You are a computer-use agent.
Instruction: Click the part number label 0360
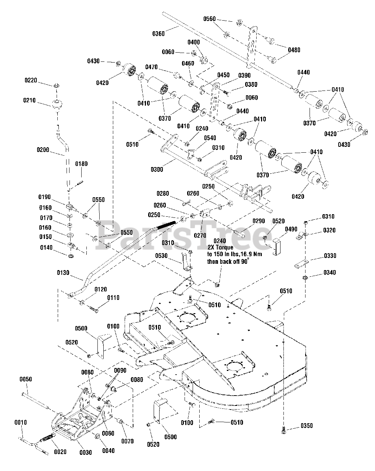point(158,34)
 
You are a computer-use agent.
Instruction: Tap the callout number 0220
point(31,80)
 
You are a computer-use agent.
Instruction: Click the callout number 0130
point(63,273)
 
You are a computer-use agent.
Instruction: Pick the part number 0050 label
point(26,379)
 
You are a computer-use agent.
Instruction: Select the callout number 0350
point(307,426)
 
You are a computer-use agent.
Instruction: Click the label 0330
point(330,256)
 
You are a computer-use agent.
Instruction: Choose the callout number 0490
point(291,229)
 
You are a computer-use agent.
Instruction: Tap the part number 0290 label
point(258,221)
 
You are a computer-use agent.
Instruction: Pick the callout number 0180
point(82,164)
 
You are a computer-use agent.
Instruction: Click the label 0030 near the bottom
point(85,453)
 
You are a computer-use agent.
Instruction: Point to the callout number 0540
point(210,138)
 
